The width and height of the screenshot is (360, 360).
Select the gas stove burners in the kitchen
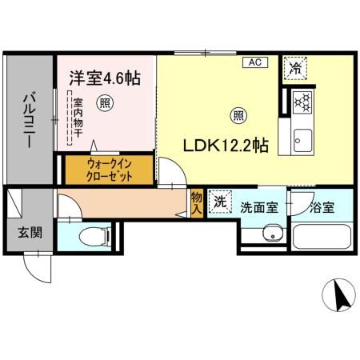(x=302, y=101)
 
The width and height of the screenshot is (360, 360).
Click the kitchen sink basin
(x=302, y=138)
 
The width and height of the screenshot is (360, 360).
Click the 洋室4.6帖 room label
(x=105, y=78)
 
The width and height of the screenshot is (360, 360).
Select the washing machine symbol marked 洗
(x=219, y=202)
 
